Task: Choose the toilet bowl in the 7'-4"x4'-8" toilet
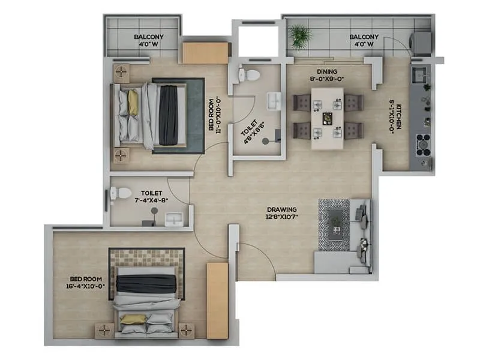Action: coord(121,193)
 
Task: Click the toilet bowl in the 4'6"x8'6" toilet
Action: coord(250,75)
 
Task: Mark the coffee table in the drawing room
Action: coord(334,223)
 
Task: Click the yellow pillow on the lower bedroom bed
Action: coord(134,319)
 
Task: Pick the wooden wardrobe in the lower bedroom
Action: coord(217,299)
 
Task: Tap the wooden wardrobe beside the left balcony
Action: coord(205,53)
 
